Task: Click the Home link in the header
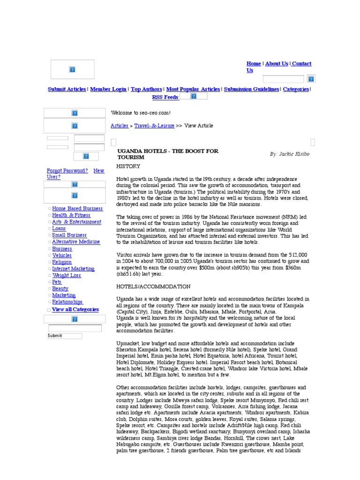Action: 254,64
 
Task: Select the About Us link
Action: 277,64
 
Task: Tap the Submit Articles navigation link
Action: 67,89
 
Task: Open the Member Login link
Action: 108,89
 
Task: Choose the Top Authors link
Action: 146,89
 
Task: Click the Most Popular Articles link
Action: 193,89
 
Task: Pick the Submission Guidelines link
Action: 251,89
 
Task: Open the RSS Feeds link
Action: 165,97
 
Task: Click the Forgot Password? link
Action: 67,171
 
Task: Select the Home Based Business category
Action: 77,209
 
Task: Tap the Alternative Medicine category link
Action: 76,242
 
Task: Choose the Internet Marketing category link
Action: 73,269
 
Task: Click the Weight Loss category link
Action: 67,276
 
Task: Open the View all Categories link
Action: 75,309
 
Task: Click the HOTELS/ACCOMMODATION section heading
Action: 153,286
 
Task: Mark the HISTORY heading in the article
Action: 128,166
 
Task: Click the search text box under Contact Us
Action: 283,79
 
